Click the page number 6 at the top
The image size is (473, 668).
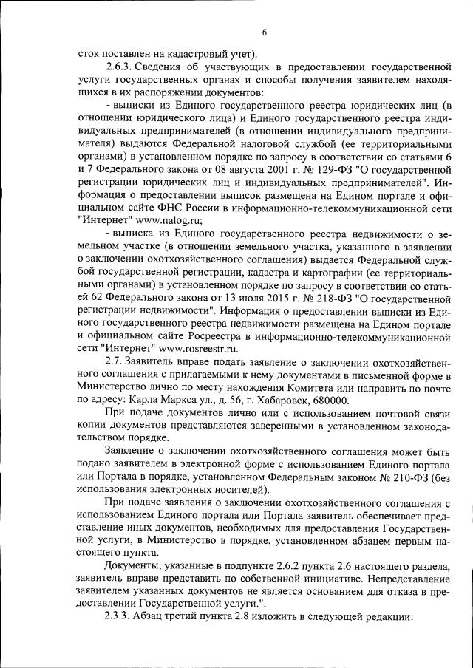click(264, 32)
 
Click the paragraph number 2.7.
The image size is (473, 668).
click(117, 364)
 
